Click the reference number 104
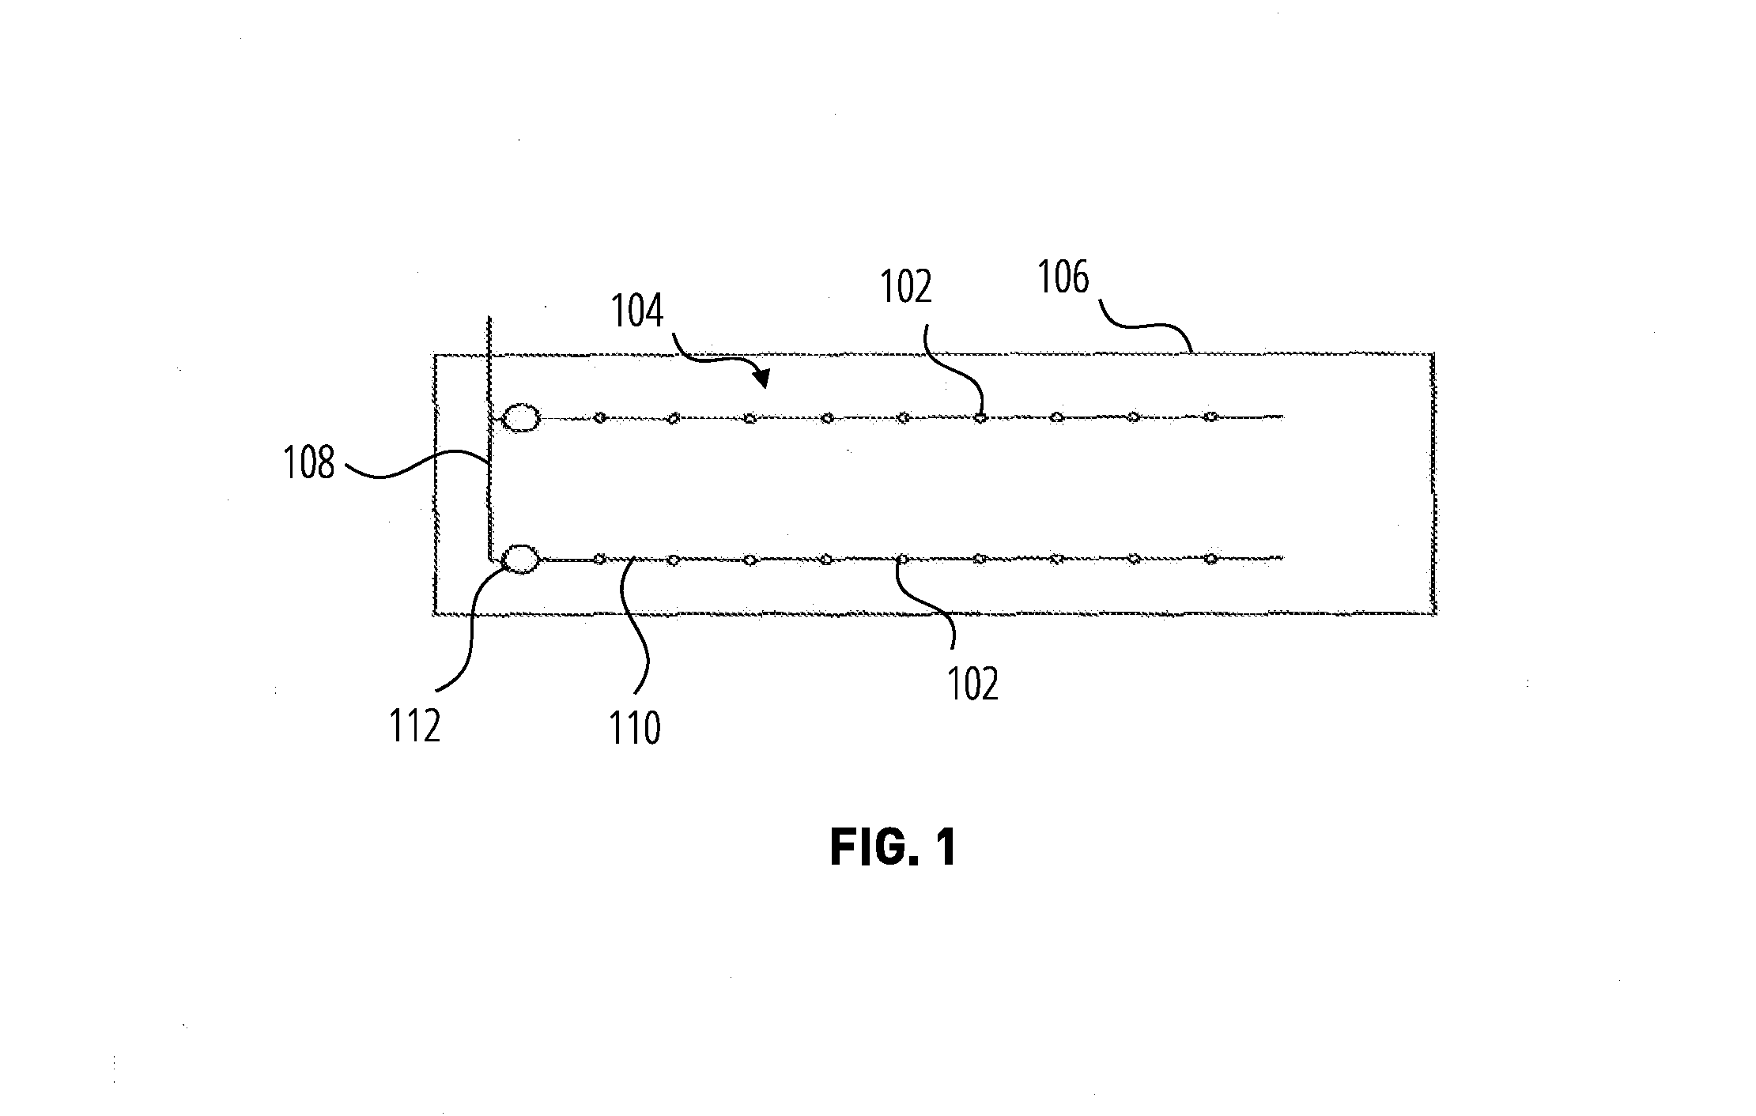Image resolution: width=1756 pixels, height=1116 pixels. [637, 311]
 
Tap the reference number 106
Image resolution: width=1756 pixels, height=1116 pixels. [1063, 277]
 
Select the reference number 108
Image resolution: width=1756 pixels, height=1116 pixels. [309, 463]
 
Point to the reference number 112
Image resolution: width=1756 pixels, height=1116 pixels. [414, 726]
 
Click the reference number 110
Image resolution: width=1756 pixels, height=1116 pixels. [635, 728]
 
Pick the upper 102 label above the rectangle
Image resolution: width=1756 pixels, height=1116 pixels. [906, 288]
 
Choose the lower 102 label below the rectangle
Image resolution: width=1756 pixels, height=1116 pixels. [973, 684]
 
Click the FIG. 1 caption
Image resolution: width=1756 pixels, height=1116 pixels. [894, 848]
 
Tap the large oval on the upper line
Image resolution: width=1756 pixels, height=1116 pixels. [521, 418]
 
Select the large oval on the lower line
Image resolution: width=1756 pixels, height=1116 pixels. [521, 559]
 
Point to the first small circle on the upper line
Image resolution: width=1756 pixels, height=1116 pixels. [599, 417]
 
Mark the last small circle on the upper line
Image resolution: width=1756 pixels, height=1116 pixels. [1210, 417]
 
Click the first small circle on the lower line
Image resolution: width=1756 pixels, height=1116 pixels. [599, 559]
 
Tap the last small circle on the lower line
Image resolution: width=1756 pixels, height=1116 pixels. [1210, 559]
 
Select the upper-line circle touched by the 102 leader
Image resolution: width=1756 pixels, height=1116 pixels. [980, 417]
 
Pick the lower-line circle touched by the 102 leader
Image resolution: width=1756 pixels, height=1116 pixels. [902, 559]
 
